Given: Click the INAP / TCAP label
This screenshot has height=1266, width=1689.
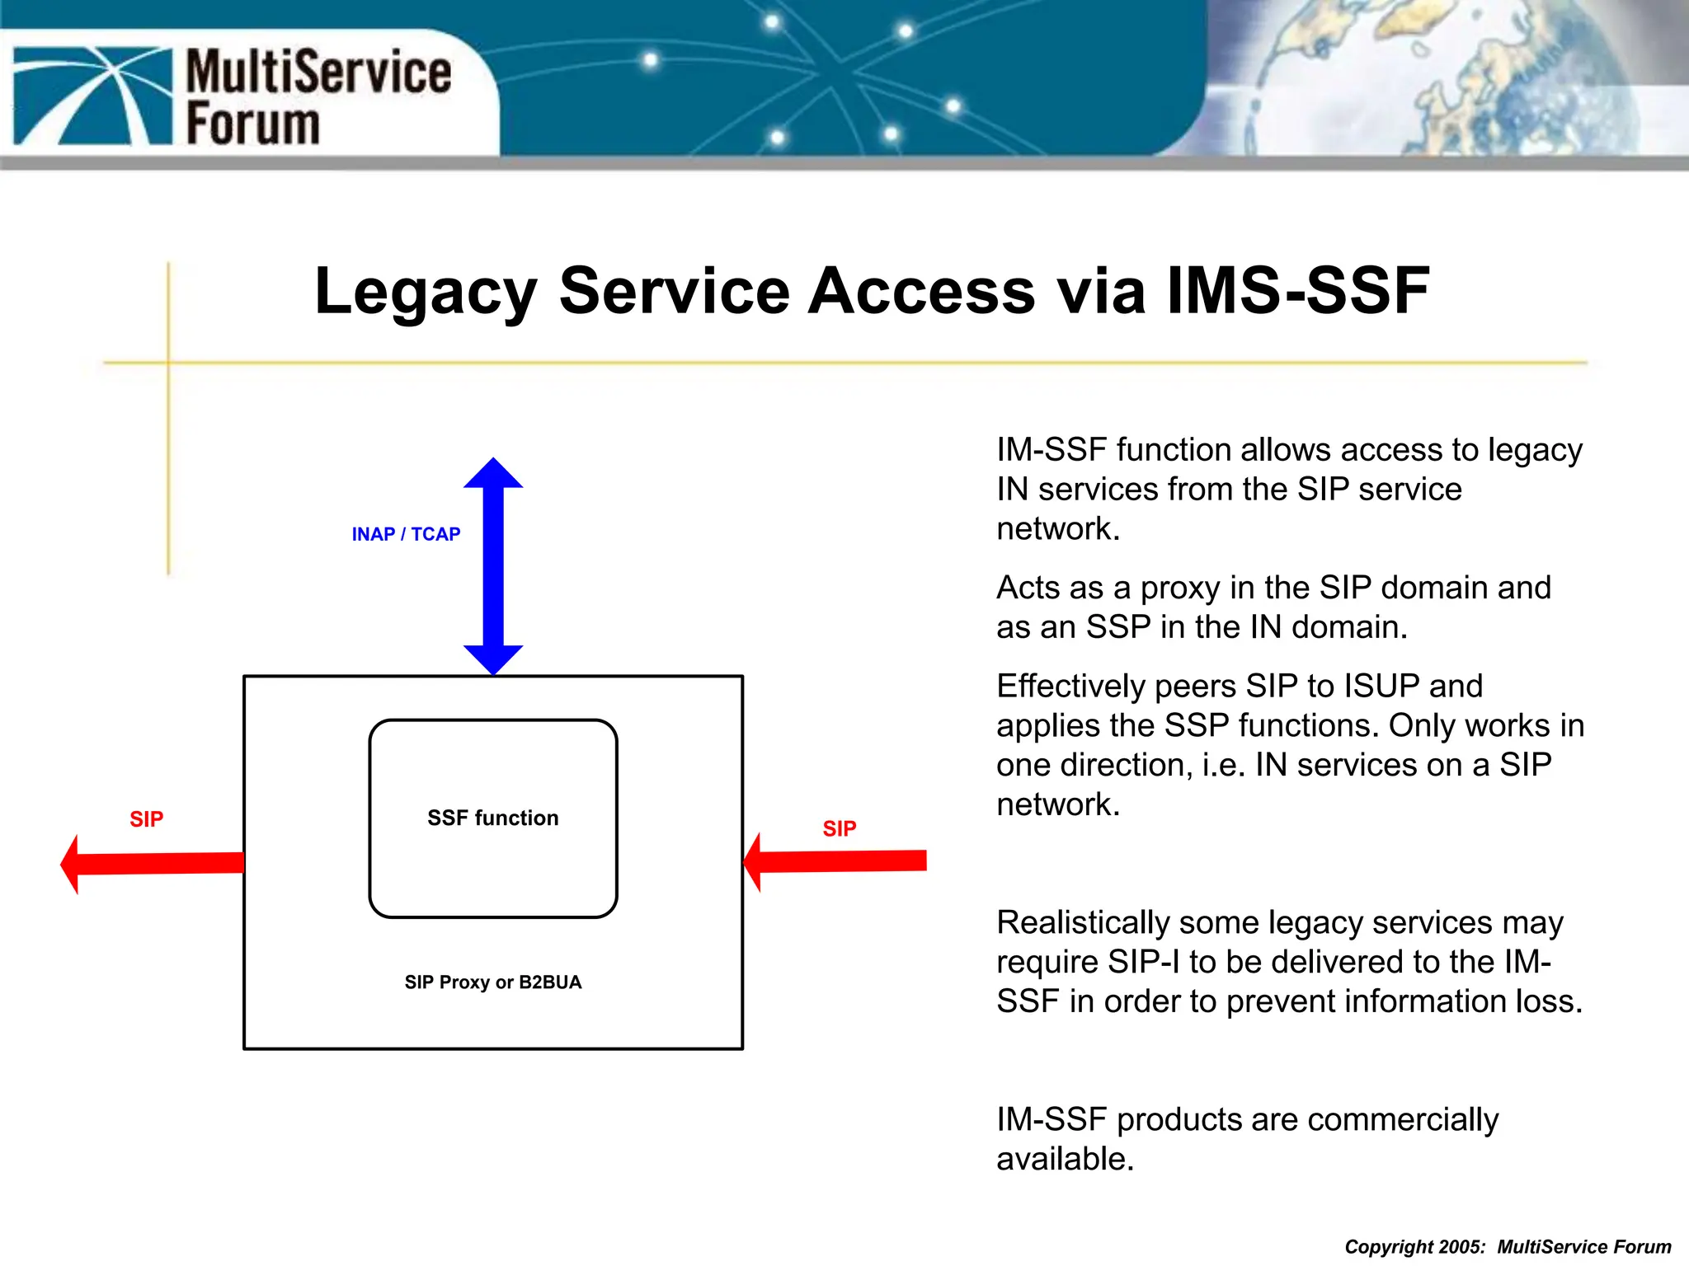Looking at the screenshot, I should point(406,534).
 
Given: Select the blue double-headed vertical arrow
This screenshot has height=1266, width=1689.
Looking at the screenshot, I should point(493,567).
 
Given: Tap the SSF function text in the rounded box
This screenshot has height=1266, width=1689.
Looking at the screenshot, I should point(492,818).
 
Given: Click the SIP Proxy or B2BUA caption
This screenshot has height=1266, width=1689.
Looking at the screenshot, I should point(492,982).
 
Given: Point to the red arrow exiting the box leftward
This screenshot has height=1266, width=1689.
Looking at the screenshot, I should point(153,863).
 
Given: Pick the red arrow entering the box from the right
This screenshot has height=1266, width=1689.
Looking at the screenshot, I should point(835,861).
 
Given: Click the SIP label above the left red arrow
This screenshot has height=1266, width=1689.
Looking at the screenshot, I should point(146,819).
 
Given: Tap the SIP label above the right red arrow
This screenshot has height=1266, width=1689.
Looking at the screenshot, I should point(839,828).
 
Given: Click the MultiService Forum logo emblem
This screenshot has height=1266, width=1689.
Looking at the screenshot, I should point(92,96).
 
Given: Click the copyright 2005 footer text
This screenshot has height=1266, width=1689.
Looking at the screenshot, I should point(1507,1246).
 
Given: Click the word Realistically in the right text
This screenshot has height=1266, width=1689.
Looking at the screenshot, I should point(1082,922).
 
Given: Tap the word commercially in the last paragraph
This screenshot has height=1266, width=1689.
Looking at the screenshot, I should point(1402,1119).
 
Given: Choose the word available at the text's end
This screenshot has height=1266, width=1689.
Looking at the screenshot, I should point(1064,1159).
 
